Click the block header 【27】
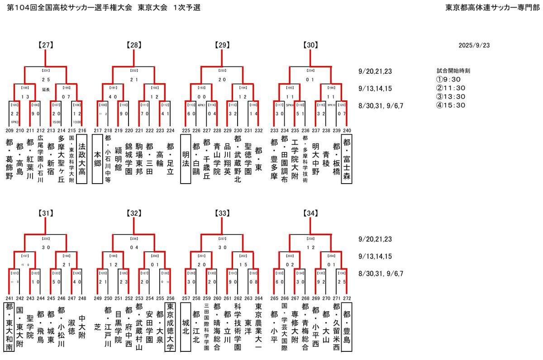click(46, 45)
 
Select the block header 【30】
click(311, 45)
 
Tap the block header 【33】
click(223, 213)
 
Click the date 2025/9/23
click(474, 45)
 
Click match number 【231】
click(46, 71)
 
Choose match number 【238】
click(311, 239)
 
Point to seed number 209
click(9, 130)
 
